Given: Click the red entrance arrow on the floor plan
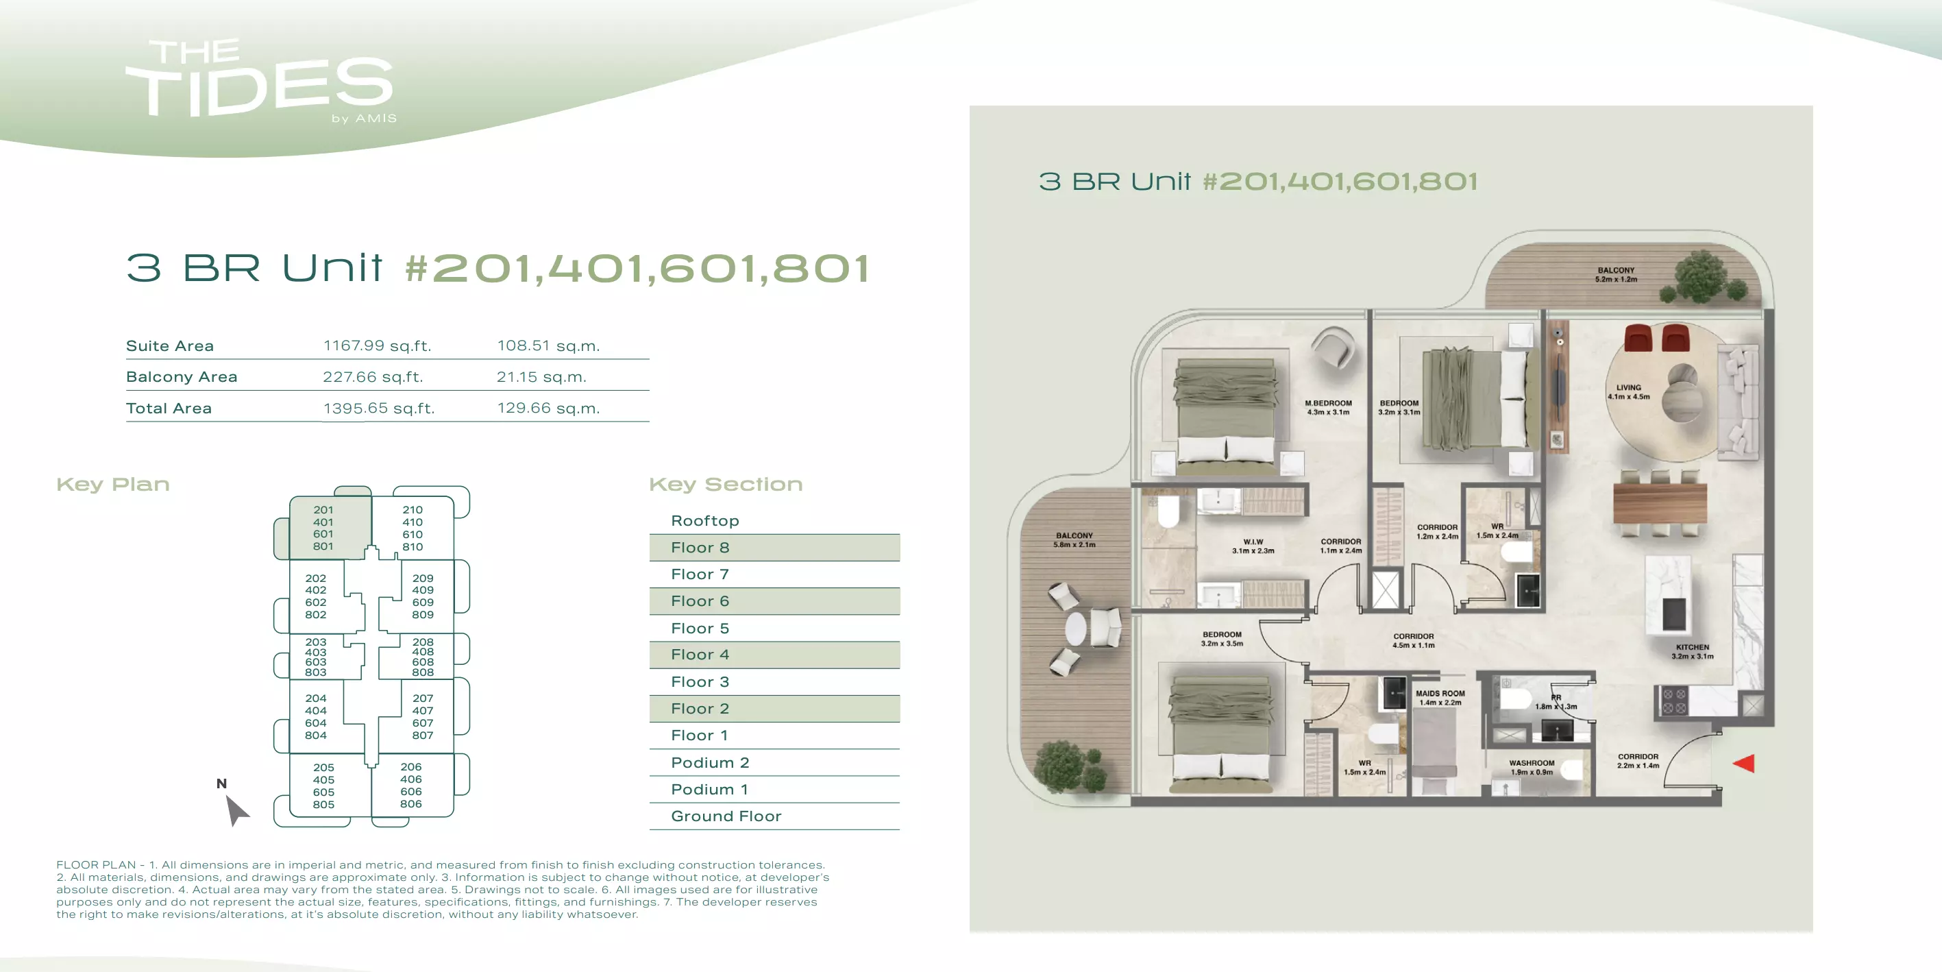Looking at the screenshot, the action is (1744, 763).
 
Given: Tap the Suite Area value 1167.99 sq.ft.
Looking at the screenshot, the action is (377, 345).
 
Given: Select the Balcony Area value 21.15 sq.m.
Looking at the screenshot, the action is (541, 376).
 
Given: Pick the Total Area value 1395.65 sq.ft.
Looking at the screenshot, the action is (379, 408).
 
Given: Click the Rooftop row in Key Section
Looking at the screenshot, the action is (705, 520).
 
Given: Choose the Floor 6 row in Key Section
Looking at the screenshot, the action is (774, 601).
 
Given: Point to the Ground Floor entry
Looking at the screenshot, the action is (726, 816).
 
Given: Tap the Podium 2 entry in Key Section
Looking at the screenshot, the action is (710, 762).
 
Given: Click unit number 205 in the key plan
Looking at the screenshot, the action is (323, 768).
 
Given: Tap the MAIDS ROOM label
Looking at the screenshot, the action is (1440, 694).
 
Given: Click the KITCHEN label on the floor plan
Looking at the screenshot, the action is (1693, 647).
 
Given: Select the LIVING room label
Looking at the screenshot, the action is (1628, 387).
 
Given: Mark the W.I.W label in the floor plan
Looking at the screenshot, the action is (1253, 542).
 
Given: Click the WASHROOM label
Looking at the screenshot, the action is (1532, 763).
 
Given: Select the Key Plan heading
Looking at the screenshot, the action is (113, 484).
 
